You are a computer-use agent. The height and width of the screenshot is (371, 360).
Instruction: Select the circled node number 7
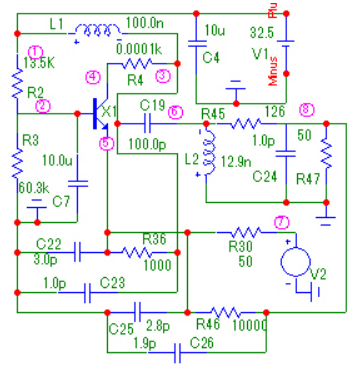coord(282,222)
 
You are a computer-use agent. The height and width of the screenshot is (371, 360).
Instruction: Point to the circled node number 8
coord(307,110)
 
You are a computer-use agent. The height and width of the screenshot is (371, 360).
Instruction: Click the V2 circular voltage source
coord(295,262)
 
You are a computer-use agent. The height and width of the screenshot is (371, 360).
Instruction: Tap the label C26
coord(202,342)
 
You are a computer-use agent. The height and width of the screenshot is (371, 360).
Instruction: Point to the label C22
coord(48,244)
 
